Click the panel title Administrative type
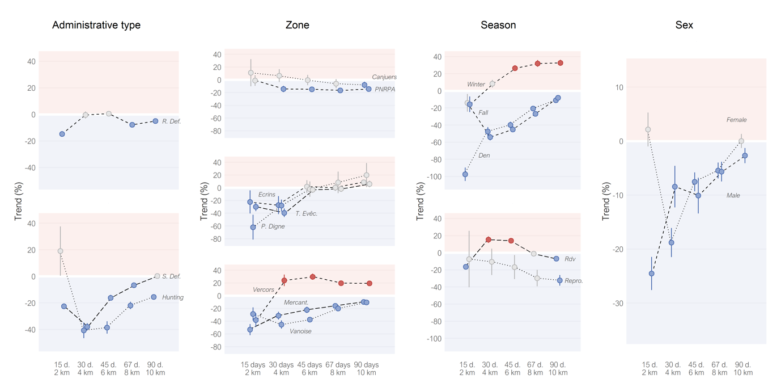pos(96,25)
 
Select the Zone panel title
pos(298,25)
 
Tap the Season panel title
pos(498,25)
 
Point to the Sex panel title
pos(684,25)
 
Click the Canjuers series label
pos(384,77)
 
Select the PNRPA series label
pos(385,89)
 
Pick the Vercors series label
pos(264,290)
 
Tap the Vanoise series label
pos(300,331)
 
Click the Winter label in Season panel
pos(476,85)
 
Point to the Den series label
pos(484,155)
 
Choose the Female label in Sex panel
pos(737,120)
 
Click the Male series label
pos(733,196)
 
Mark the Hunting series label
pos(173,297)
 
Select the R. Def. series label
pos(171,121)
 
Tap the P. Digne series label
pos(273,226)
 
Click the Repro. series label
pos(574,281)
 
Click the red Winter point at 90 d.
pos(561,63)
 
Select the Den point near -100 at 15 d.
pos(465,175)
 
